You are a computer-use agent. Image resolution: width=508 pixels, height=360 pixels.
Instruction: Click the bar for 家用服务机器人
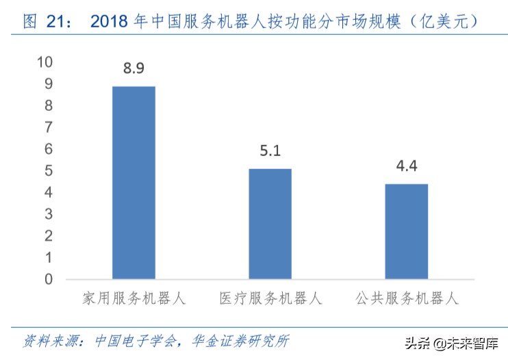134,183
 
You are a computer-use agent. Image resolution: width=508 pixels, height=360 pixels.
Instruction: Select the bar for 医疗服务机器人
270,224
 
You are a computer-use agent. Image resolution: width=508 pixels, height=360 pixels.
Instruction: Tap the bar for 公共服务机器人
406,231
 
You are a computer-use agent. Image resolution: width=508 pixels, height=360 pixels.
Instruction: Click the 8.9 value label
134,68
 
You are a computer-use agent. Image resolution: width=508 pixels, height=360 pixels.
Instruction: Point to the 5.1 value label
270,151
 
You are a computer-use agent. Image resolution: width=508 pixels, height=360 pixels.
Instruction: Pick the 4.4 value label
406,166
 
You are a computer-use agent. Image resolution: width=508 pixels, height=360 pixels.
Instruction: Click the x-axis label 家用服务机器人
134,300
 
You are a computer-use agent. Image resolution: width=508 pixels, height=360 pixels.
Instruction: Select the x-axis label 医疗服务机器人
270,300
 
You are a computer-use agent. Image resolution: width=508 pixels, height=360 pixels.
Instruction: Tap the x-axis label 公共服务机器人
406,300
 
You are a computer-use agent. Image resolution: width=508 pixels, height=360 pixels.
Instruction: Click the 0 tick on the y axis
48,279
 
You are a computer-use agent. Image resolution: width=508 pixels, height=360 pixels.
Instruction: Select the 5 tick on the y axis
48,170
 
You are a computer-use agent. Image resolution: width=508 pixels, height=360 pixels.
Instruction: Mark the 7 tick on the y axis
48,127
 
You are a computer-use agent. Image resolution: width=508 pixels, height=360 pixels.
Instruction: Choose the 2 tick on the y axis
48,235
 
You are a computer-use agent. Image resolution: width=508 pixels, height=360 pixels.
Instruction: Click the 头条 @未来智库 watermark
451,342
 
